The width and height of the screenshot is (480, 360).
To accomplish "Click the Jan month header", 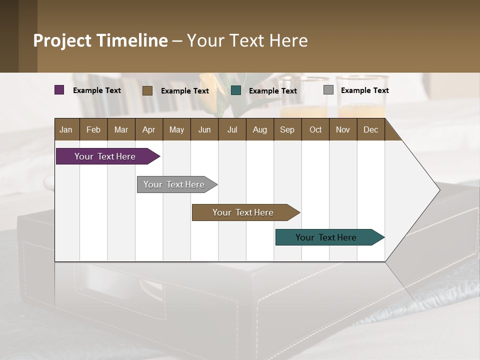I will point(66,129).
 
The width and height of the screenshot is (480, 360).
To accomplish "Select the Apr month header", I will point(148,129).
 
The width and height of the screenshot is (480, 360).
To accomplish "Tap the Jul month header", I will point(232,129).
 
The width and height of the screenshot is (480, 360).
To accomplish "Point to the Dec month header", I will point(370,129).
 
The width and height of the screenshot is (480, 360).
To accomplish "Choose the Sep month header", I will point(287,129).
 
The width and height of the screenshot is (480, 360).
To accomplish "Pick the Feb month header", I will point(93,129).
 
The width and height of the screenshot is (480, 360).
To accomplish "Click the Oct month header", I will point(315,129).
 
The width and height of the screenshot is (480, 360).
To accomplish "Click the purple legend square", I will point(59,90).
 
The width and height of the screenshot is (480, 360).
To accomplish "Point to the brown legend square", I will point(147,90).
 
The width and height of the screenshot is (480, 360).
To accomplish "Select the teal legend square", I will point(236,90).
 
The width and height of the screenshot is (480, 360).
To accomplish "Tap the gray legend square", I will point(328,90).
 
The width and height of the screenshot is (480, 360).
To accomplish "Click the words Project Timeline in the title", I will point(100,40).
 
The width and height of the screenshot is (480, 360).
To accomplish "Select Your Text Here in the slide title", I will point(247,40).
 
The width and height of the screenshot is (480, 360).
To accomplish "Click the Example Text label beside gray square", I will point(364,90).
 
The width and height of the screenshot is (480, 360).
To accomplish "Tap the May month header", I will point(176,129).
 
